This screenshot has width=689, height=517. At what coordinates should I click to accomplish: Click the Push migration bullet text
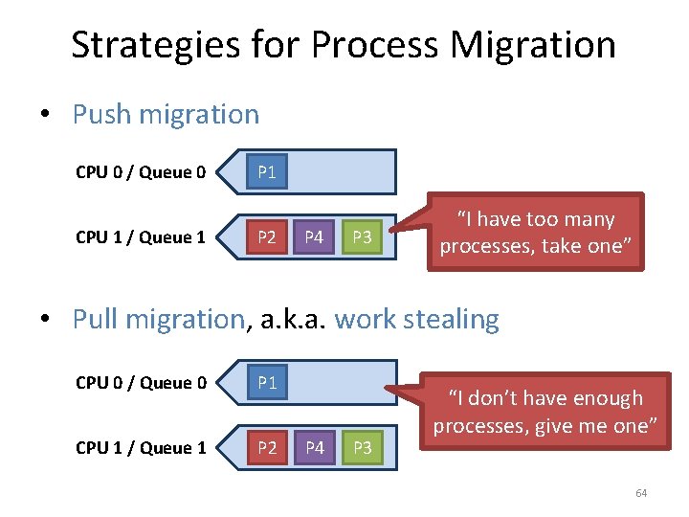point(166,115)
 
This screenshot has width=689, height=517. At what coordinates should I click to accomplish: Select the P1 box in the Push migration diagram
point(267,172)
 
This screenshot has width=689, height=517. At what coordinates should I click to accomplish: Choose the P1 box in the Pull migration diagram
point(267,383)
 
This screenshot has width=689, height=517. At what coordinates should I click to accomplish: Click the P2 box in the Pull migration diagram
point(267,448)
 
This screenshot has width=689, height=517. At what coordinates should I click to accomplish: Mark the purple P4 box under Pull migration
point(313,448)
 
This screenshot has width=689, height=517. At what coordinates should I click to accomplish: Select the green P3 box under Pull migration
point(361,448)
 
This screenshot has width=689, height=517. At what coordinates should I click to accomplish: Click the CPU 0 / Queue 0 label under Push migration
point(141,173)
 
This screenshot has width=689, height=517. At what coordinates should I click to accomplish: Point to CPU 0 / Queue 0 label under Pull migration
point(141,384)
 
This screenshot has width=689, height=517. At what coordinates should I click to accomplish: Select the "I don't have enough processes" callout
point(545,413)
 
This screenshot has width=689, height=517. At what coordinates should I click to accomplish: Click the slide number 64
point(641,493)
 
